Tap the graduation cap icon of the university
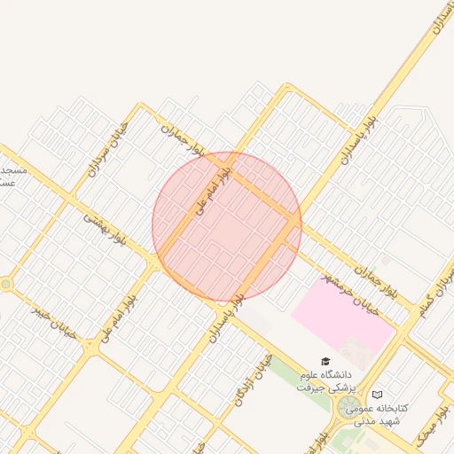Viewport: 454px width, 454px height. coord(326,362)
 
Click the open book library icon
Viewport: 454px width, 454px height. coord(378,394)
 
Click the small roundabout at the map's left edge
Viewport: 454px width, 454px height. coord(7,284)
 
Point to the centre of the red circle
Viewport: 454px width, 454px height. coord(227,226)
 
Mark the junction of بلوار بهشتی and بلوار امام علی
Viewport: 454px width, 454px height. coord(157,263)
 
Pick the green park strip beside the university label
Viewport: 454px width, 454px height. coord(287,375)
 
